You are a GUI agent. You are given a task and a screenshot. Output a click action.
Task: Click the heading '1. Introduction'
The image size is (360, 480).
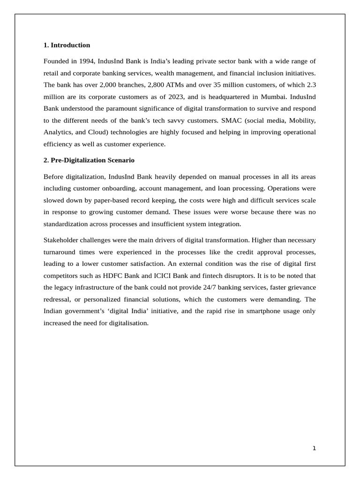click(67, 45)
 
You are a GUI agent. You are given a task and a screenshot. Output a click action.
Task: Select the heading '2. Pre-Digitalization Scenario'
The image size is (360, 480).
click(89, 160)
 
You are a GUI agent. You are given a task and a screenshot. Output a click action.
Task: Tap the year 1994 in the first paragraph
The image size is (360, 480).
click(85, 61)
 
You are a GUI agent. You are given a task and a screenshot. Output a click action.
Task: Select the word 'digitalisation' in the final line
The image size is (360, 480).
click(127, 322)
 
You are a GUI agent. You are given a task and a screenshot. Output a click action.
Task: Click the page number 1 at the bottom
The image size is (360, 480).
click(314, 449)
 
